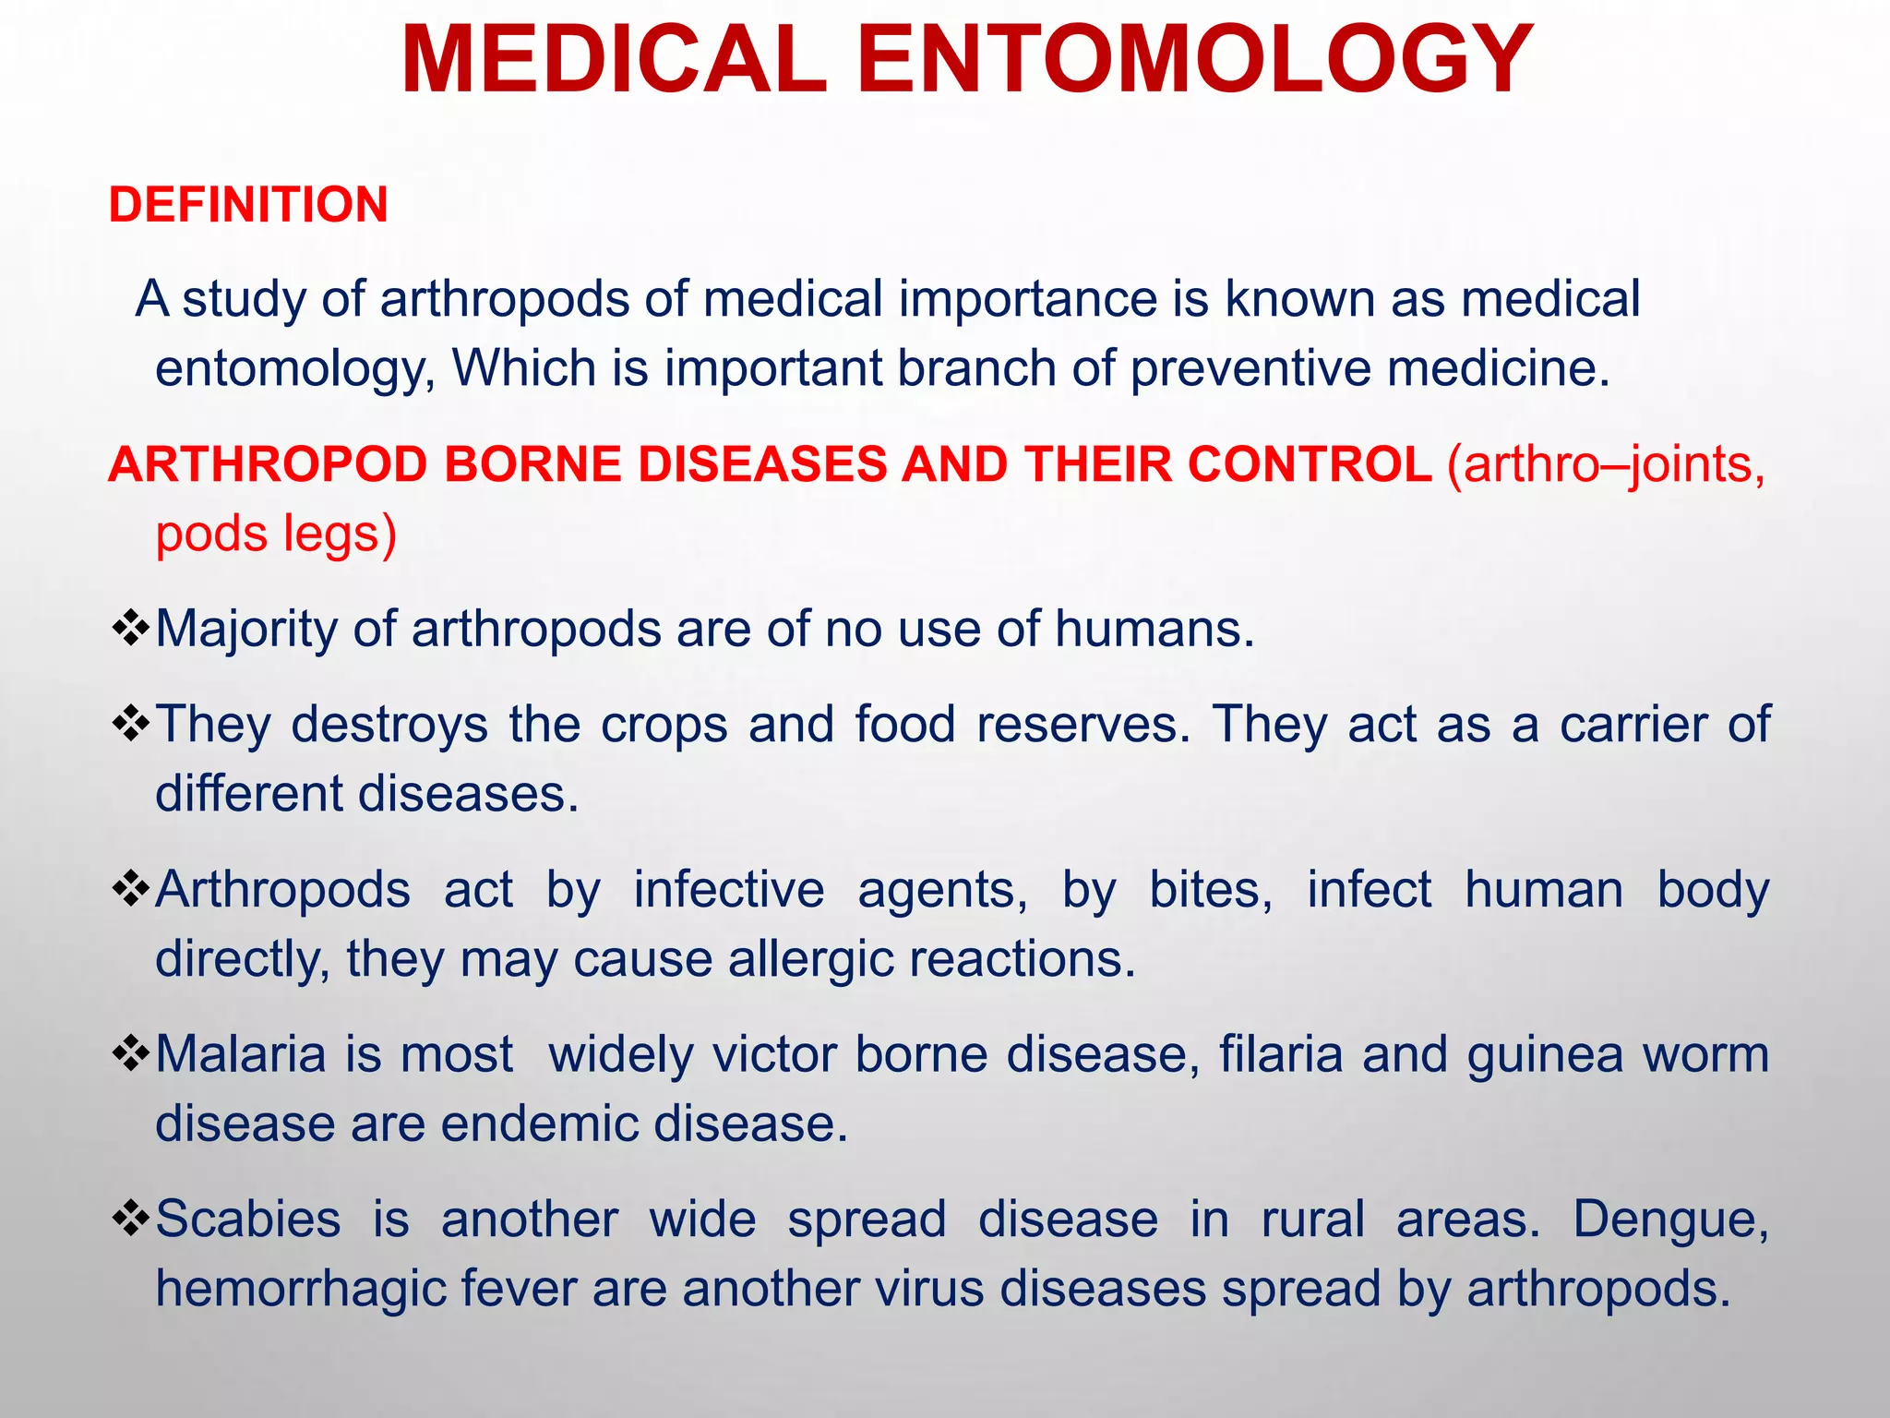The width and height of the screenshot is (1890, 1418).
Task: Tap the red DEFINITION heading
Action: [x=248, y=204]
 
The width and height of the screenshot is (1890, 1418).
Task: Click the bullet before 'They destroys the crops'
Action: [x=130, y=723]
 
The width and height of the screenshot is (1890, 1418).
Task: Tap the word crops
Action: [x=664, y=724]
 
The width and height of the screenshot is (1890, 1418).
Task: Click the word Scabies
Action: [x=248, y=1219]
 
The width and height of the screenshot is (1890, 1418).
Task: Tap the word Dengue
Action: [x=1670, y=1219]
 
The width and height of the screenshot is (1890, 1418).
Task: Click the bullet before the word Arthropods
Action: [x=130, y=888]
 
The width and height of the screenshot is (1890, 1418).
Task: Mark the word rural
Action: [x=1312, y=1219]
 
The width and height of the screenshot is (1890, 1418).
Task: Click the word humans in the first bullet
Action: [x=1154, y=630]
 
